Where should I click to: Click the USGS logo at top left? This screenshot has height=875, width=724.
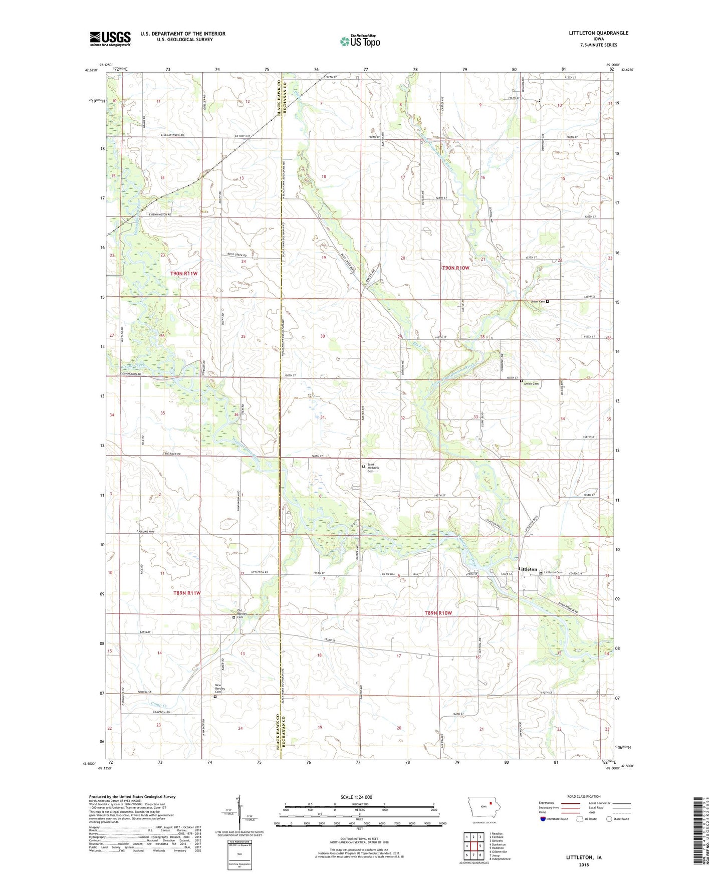[110, 39]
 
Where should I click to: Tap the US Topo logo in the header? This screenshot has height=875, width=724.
[359, 41]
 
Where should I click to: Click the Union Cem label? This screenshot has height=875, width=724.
[538, 302]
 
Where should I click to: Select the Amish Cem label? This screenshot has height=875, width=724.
[531, 384]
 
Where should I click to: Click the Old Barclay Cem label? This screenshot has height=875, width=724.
[244, 613]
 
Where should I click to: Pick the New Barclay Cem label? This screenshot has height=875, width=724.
[221, 689]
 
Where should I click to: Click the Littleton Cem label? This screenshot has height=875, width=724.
[553, 572]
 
